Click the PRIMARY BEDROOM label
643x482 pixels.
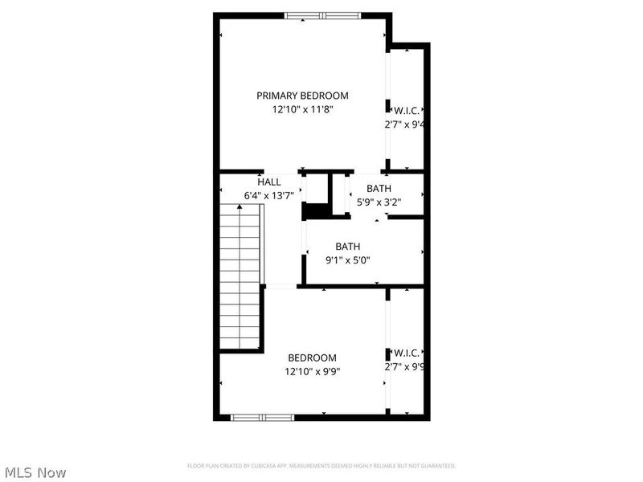302,96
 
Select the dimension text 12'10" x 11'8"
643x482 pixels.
302,110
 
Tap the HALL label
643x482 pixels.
269,182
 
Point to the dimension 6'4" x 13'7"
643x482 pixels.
269,195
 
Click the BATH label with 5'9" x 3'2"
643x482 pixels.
379,189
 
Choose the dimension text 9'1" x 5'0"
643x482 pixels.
347,260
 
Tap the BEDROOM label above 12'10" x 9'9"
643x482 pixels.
313,357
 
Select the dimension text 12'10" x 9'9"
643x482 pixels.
313,372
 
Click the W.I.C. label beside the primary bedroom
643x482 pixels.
407,110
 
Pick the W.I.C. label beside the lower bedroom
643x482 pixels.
407,353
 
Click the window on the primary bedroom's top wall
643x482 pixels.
324,15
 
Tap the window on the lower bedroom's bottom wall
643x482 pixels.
263,417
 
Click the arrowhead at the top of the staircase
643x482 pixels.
240,207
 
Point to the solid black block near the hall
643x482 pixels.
315,211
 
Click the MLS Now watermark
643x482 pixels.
37,472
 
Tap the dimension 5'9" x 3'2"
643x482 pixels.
379,202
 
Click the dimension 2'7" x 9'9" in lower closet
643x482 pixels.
404,367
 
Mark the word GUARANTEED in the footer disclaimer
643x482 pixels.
435,466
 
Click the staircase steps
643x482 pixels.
241,281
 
